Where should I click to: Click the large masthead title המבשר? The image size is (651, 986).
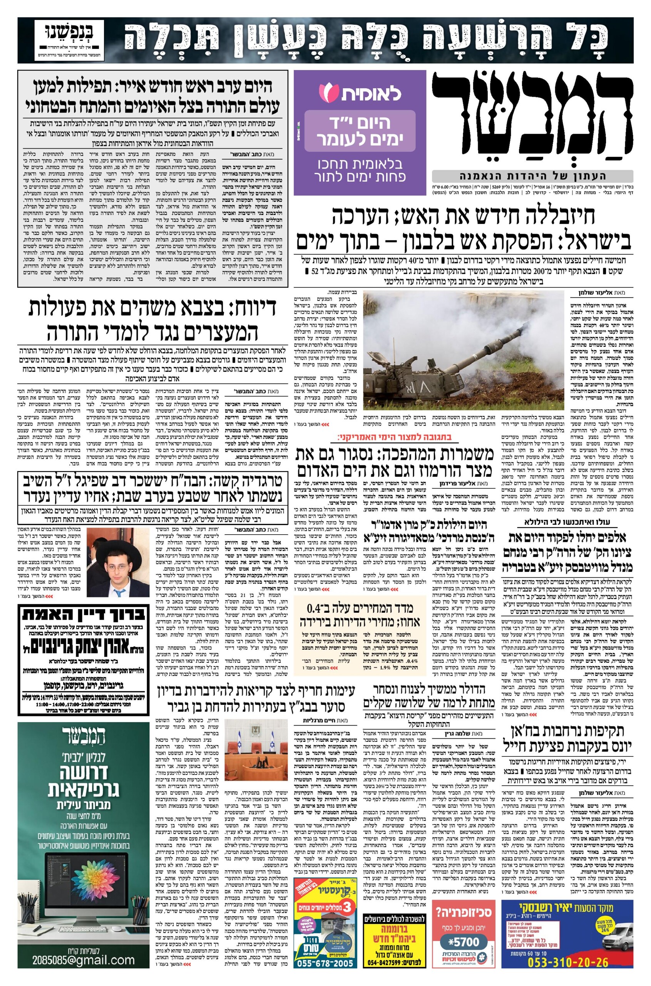pyautogui.click(x=532, y=121)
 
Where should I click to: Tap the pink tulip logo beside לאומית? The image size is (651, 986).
pyautogui.click(x=327, y=91)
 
